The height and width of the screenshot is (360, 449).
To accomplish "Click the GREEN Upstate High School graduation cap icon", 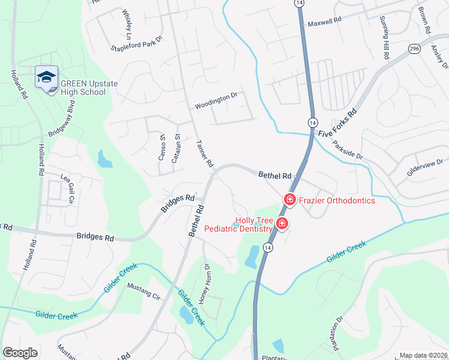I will pyautogui.click(x=46, y=77).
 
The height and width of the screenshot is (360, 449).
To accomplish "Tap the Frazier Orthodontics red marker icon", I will pyautogui.click(x=289, y=199).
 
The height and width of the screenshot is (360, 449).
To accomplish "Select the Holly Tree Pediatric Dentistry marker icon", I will pyautogui.click(x=282, y=225).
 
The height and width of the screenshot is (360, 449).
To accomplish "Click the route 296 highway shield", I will pyautogui.click(x=414, y=49).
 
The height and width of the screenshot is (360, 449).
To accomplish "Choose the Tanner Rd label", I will pyautogui.click(x=205, y=154).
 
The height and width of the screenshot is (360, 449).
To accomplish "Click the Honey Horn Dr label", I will pyautogui.click(x=205, y=283).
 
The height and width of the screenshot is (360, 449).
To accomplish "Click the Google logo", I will pyautogui.click(x=20, y=353).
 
